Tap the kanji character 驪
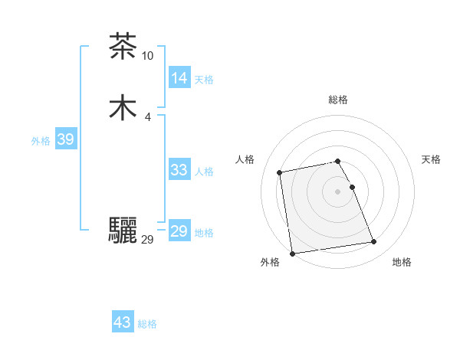[x=123, y=231]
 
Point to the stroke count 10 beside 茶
[x=148, y=55]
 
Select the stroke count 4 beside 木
[x=147, y=116]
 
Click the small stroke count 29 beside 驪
[x=148, y=240]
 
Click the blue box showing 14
[x=179, y=78]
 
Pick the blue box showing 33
[x=179, y=170]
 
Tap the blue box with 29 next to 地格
[x=179, y=231]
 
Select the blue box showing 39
[x=65, y=139]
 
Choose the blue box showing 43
[x=123, y=322]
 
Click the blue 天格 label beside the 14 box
[x=204, y=80]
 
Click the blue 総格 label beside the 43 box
[x=147, y=324]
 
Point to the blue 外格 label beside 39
[x=41, y=141]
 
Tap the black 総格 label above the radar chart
[x=338, y=100]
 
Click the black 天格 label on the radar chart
[x=432, y=159]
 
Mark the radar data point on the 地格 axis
[x=374, y=242]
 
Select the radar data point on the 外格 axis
[x=292, y=254]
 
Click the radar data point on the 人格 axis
[x=280, y=172]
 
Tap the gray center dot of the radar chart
[x=338, y=191]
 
